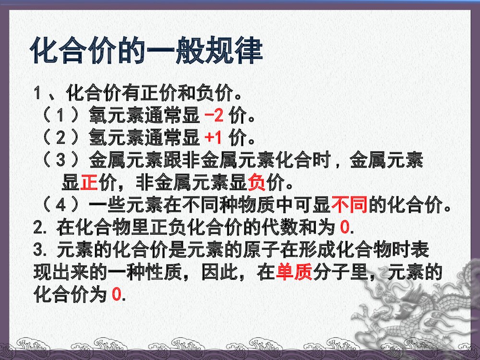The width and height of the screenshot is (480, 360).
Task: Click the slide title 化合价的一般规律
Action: click(146, 50)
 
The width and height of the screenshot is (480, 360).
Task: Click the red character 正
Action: click(89, 183)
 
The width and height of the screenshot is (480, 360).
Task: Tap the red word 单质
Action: click(294, 273)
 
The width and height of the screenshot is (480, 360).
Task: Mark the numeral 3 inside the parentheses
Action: click(60, 161)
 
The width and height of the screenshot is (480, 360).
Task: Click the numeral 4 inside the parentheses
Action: click(60, 205)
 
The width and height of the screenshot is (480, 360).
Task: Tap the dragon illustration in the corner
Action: click(422, 312)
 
